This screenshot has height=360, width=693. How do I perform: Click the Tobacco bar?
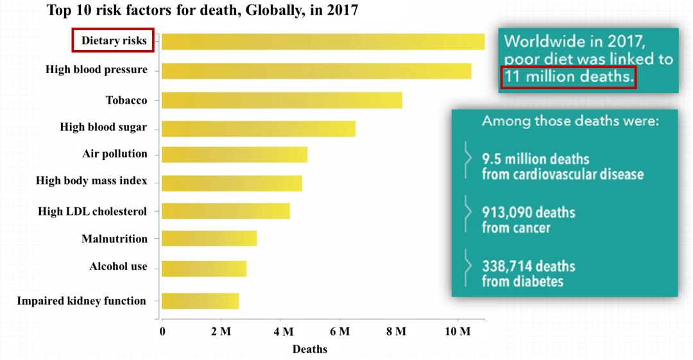coord(282,101)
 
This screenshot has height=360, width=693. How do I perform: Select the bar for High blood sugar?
coord(258,128)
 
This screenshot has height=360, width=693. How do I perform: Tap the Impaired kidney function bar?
coord(200,301)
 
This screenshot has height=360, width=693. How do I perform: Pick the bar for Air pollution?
coord(234,155)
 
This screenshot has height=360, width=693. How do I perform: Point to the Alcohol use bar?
coord(203,268)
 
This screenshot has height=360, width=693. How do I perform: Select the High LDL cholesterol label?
coord(92,211)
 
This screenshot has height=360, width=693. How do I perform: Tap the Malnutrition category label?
coord(114,239)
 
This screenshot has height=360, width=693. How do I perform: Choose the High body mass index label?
coord(91,181)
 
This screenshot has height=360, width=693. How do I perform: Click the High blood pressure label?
coord(96,69)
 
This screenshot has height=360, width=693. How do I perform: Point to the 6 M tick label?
coord(339,331)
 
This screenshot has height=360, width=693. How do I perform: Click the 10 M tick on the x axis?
coord(458,331)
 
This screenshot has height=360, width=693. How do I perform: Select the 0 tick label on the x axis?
coord(162,331)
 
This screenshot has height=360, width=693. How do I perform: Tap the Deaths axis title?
coord(310,349)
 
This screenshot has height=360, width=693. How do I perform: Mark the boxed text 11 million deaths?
coord(568,77)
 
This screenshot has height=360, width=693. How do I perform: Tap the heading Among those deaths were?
coord(570,121)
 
